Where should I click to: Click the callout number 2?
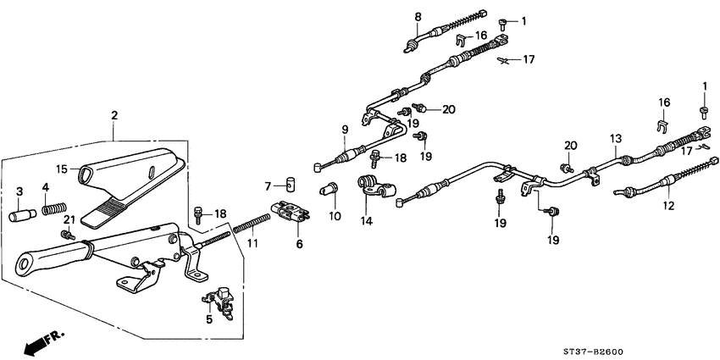114,115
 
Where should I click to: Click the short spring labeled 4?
53,208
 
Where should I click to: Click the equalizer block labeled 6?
287,212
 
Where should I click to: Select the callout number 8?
418,16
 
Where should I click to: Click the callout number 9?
345,129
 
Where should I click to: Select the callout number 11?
251,244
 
